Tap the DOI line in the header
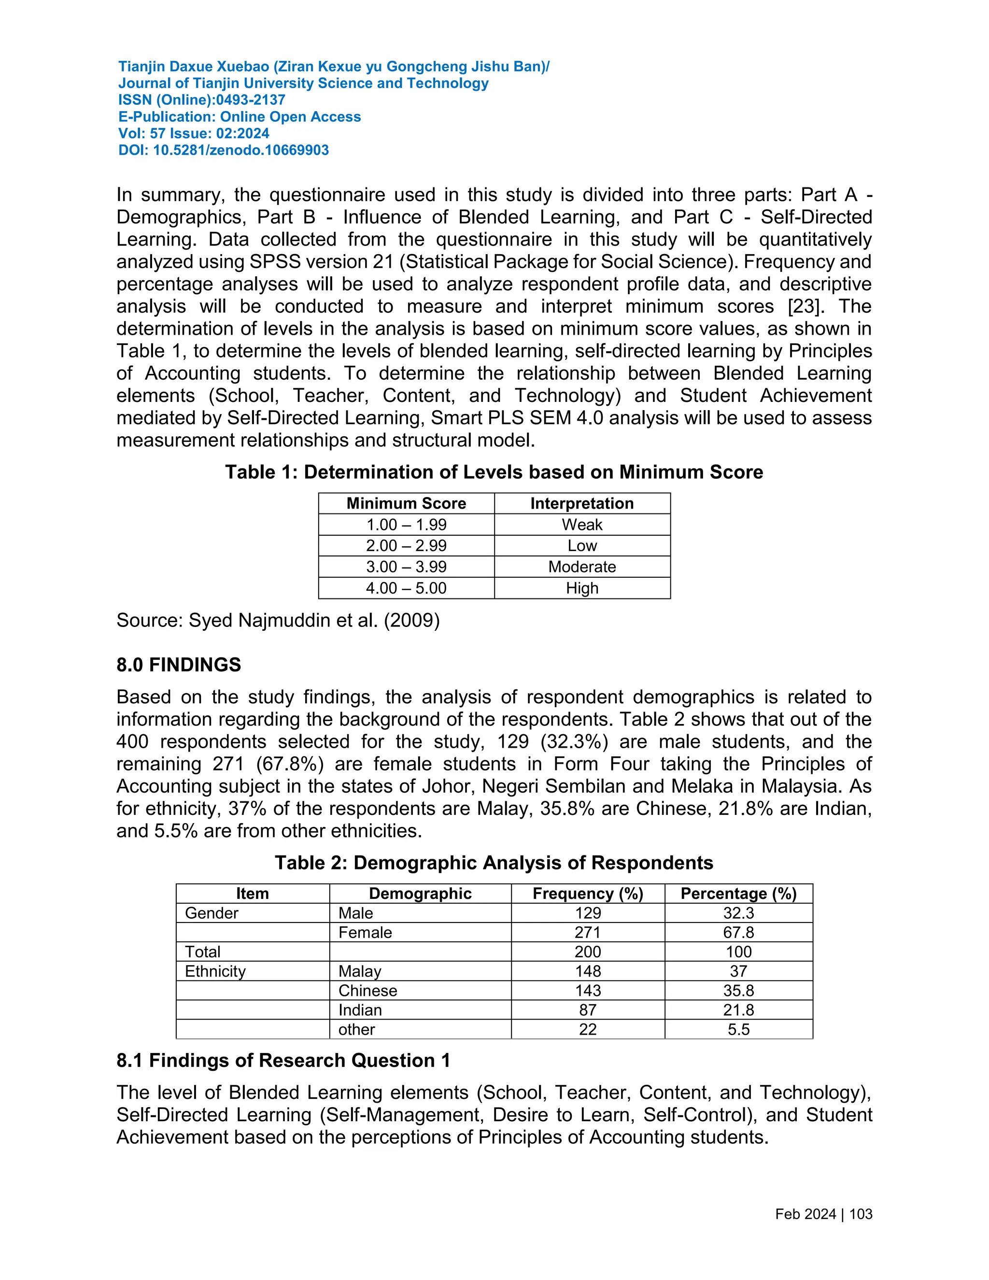coord(223,151)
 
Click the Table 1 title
coord(494,472)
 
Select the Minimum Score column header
coord(406,503)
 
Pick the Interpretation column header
coord(582,503)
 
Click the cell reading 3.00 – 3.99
coord(406,567)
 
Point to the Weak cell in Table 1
coord(582,525)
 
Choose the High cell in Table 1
coord(582,588)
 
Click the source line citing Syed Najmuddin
coord(278,620)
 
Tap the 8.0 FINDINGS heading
coord(179,665)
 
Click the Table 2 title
coord(494,863)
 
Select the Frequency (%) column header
coord(588,893)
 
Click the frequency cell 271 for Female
coord(588,932)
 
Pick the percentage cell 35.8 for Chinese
coord(738,991)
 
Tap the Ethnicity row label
coord(215,971)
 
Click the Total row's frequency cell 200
coord(588,952)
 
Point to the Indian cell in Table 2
coord(360,1010)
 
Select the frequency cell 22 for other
coord(588,1029)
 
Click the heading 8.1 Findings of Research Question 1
coord(283,1060)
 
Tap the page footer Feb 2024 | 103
coord(823,1214)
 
